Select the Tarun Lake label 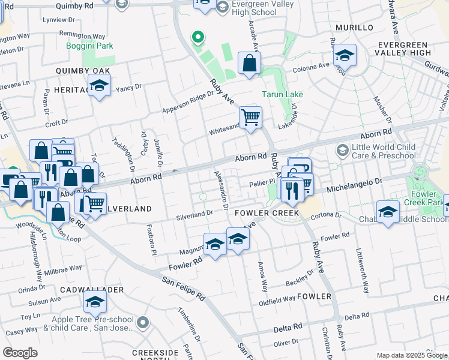pos(282,94)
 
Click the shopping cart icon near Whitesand pos(250,116)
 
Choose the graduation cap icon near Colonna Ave pos(345,56)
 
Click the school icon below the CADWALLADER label pos(95,303)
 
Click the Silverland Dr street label pos(194,213)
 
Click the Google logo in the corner pos(20,353)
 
